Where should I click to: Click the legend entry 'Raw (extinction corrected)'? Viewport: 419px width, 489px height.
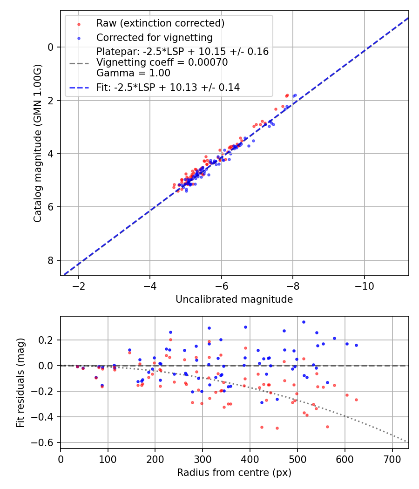160,23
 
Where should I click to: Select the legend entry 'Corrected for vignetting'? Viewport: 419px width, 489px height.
154,38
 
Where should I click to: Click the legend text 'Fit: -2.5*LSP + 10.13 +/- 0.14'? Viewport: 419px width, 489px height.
168,87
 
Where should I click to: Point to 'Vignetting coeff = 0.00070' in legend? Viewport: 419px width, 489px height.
162,62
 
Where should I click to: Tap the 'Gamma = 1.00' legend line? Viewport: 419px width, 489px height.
133,73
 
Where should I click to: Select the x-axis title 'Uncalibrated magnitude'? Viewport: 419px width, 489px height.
234,299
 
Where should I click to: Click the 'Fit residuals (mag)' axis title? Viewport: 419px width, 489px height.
20,382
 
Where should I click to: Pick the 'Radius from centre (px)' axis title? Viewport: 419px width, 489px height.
234,472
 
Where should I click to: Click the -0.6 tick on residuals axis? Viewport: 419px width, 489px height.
46,442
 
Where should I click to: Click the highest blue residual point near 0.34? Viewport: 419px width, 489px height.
304,322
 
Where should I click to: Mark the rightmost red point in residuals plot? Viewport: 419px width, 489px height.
356,400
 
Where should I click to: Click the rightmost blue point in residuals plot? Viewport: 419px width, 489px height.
356,345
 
